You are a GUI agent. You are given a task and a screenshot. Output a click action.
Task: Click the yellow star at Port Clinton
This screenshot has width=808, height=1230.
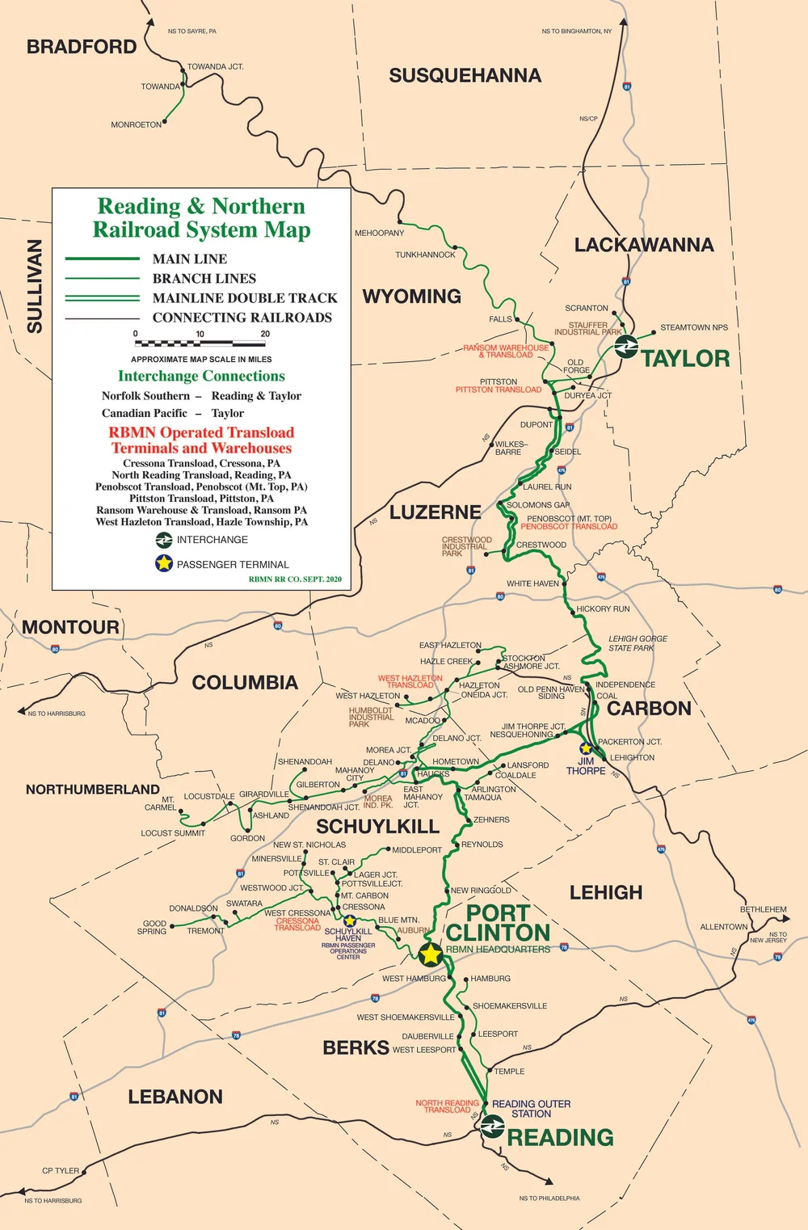coord(431,954)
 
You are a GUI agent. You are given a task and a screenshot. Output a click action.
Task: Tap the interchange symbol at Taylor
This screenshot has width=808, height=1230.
coord(625,348)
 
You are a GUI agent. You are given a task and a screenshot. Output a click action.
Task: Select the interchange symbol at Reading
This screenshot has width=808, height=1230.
coord(492,1126)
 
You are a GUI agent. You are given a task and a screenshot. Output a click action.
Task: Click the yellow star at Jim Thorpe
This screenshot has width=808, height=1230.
coord(586,748)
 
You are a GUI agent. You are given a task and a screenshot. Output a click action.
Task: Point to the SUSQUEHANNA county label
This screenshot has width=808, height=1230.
coord(465,76)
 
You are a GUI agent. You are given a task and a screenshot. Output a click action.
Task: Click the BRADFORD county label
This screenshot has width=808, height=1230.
coord(82,47)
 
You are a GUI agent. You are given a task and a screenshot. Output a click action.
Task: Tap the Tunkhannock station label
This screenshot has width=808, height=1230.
coord(425,255)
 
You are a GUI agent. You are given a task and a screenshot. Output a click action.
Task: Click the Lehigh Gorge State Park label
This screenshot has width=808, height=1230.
coord(638,643)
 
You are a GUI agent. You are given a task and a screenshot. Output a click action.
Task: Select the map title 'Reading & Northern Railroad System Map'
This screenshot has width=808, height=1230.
coord(201,218)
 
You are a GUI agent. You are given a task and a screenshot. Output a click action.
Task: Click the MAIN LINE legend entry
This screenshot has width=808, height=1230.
coord(190,259)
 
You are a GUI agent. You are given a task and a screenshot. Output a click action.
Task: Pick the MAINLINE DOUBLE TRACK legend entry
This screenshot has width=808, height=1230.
coord(245,298)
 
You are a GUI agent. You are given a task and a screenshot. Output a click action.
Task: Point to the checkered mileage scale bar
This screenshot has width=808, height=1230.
coord(200,343)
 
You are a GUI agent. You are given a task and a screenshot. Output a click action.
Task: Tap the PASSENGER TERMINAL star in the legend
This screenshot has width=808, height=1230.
coord(164,563)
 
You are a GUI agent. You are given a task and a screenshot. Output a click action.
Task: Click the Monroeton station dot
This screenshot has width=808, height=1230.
coord(165,124)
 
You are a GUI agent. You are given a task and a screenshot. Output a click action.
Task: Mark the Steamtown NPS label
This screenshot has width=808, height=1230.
coord(693,327)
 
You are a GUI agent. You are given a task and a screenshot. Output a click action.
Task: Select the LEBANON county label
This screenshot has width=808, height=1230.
coord(175,1097)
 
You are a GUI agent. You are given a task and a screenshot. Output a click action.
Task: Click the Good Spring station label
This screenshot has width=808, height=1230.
coord(153,927)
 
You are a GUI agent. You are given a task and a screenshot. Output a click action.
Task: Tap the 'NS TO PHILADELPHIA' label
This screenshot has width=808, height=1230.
coord(549,1198)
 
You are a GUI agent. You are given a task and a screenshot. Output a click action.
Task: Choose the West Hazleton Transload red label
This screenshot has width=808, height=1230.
coord(410,681)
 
